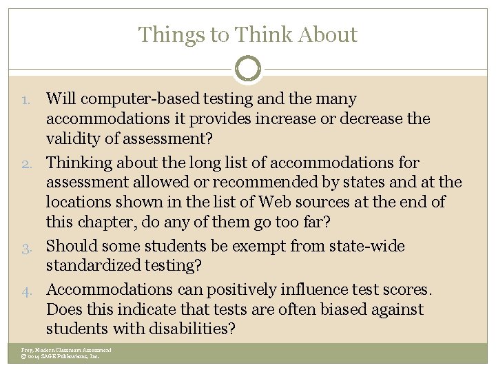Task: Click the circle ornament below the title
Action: (x=248, y=68)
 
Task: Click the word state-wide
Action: (x=366, y=246)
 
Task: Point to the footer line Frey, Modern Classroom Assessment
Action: (x=66, y=349)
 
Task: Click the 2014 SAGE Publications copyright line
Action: (x=61, y=356)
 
